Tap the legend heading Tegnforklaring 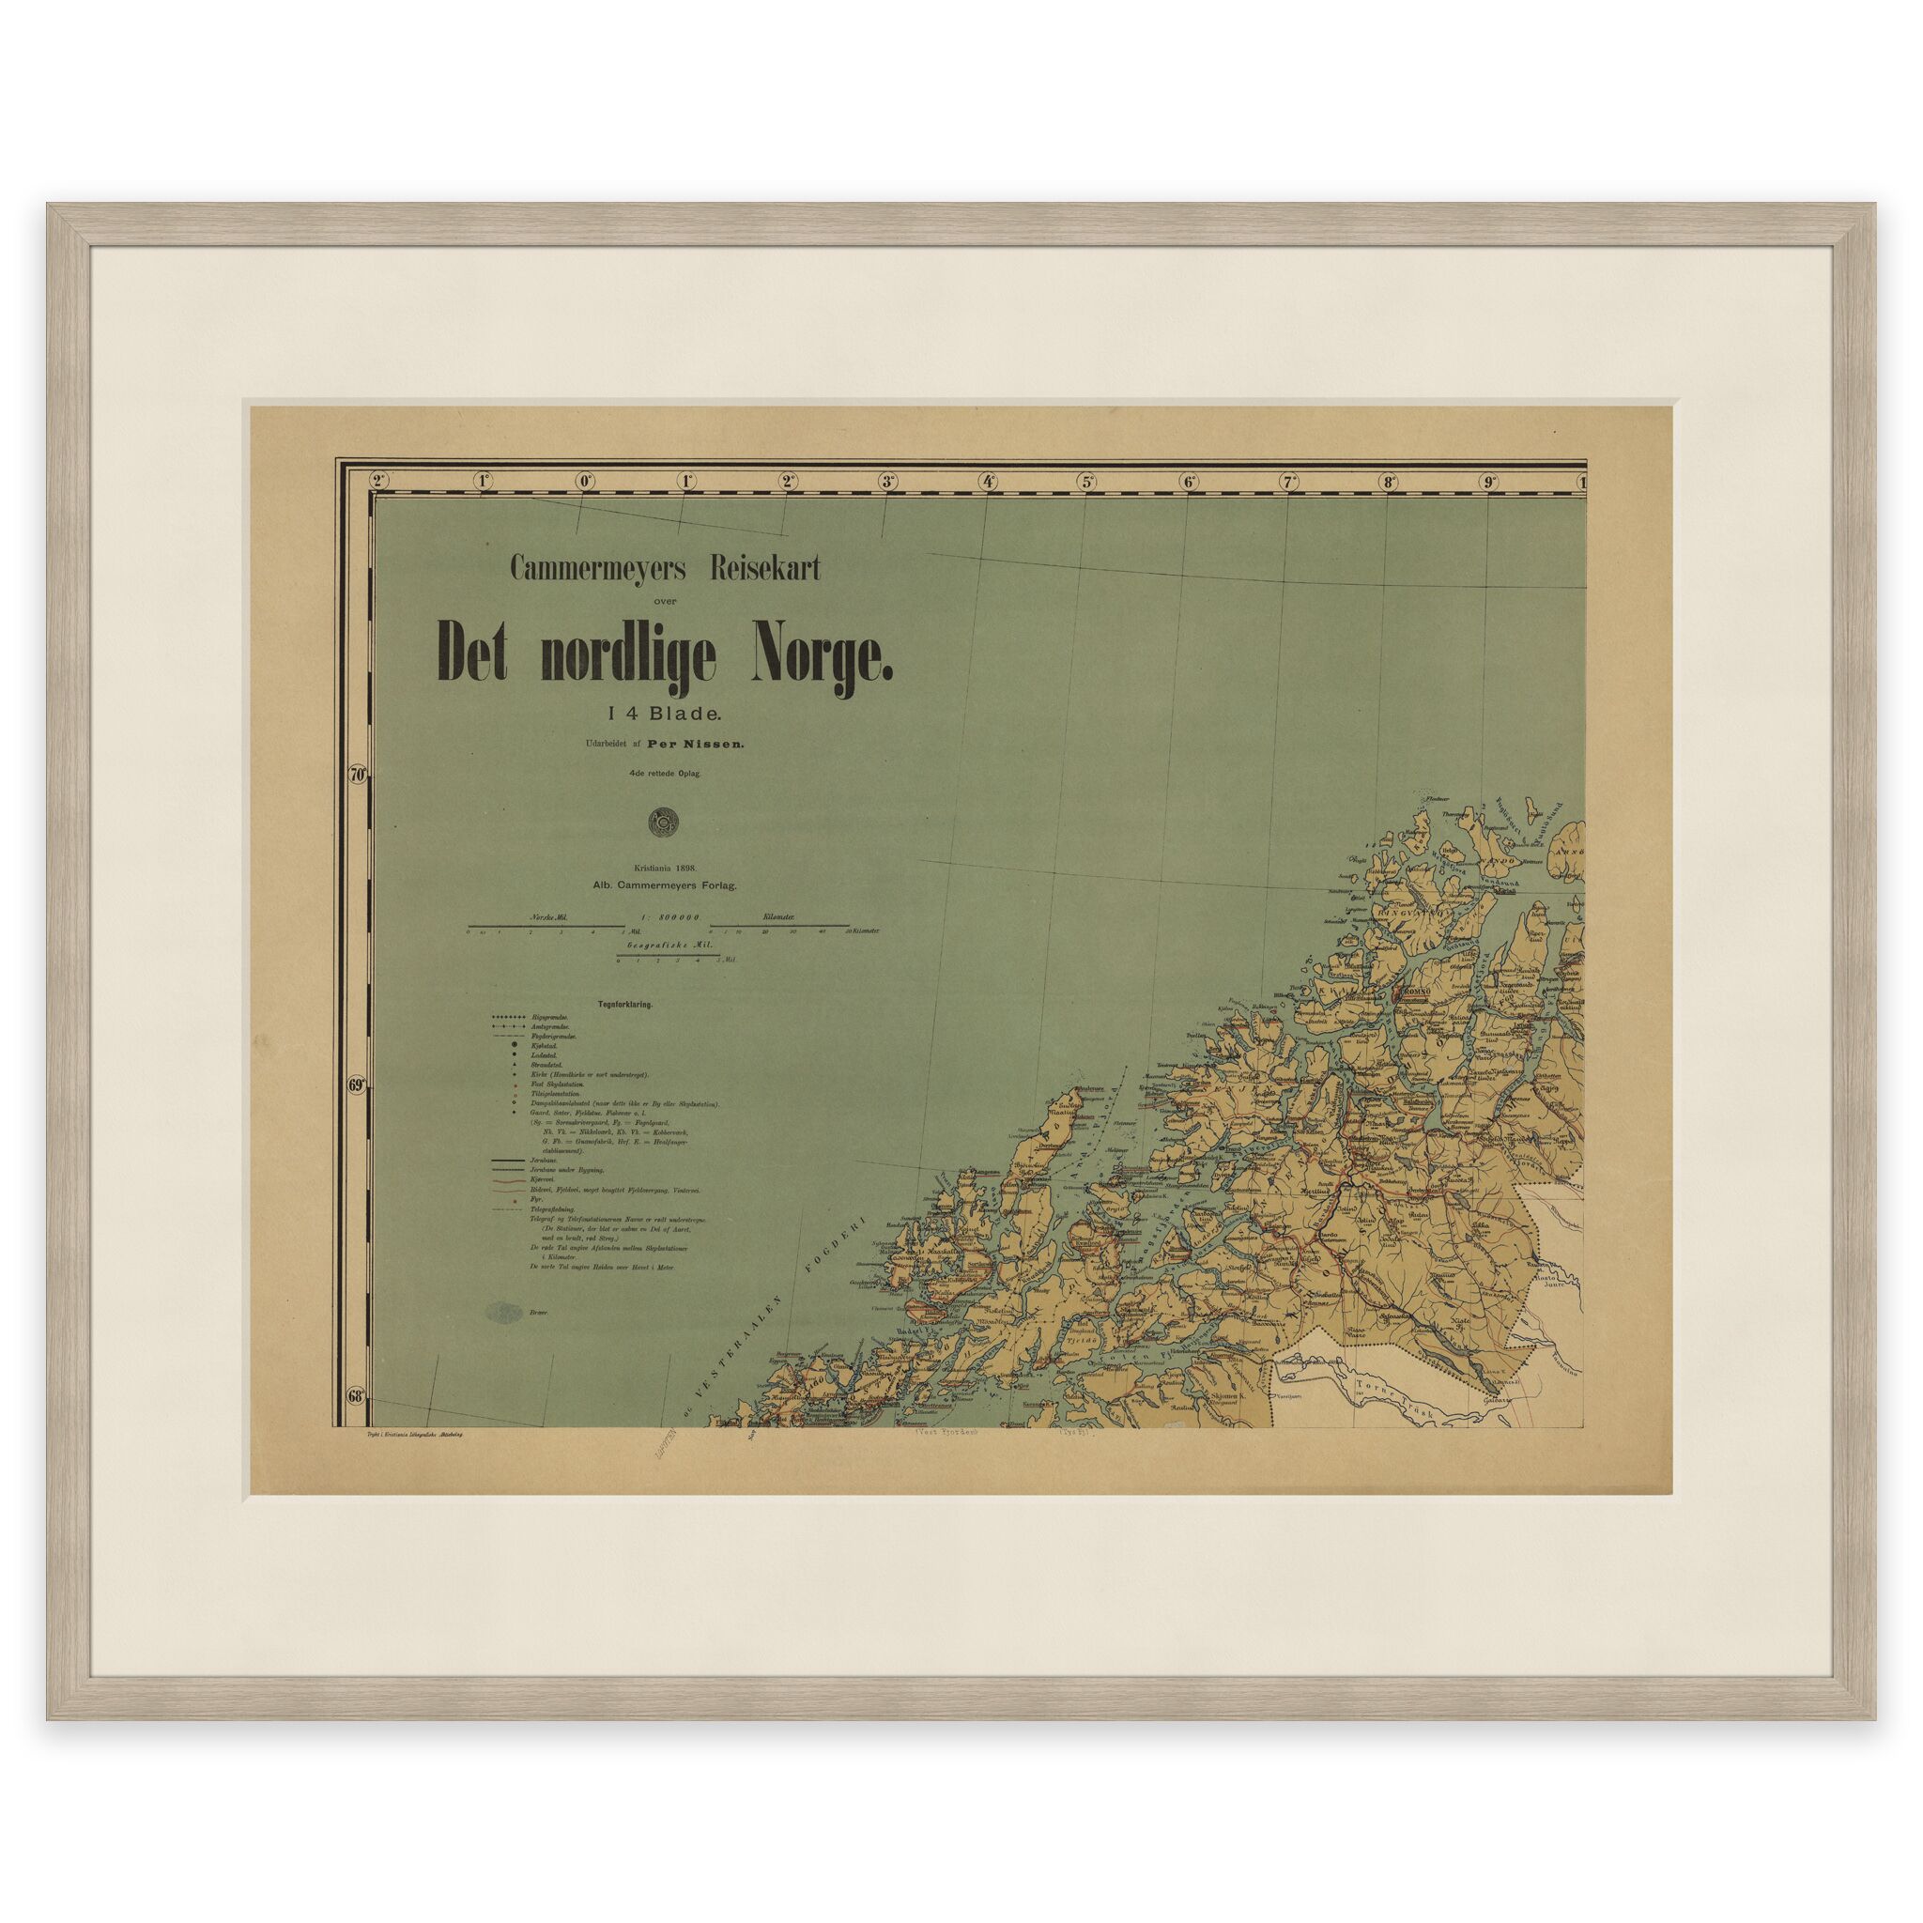(x=625, y=1006)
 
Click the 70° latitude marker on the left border (x=359, y=774)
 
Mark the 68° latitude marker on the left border (x=358, y=1395)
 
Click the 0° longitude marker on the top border (x=584, y=482)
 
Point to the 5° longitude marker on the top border (x=1087, y=482)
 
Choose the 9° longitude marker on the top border (x=1490, y=482)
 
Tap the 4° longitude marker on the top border (x=988, y=482)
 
